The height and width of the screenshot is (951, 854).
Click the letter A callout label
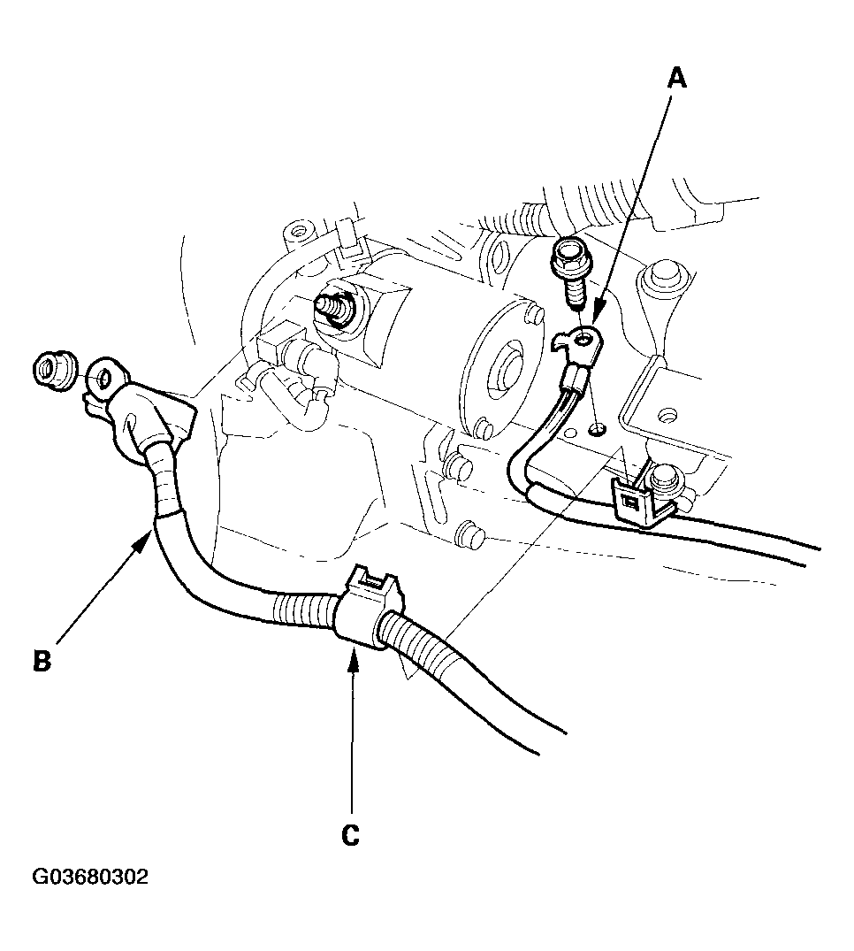(x=675, y=79)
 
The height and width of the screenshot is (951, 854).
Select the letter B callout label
(x=41, y=660)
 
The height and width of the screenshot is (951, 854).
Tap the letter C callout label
(x=351, y=834)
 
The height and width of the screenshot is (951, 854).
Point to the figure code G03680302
(x=90, y=878)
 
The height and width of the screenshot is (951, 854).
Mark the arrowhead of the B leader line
(x=150, y=531)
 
